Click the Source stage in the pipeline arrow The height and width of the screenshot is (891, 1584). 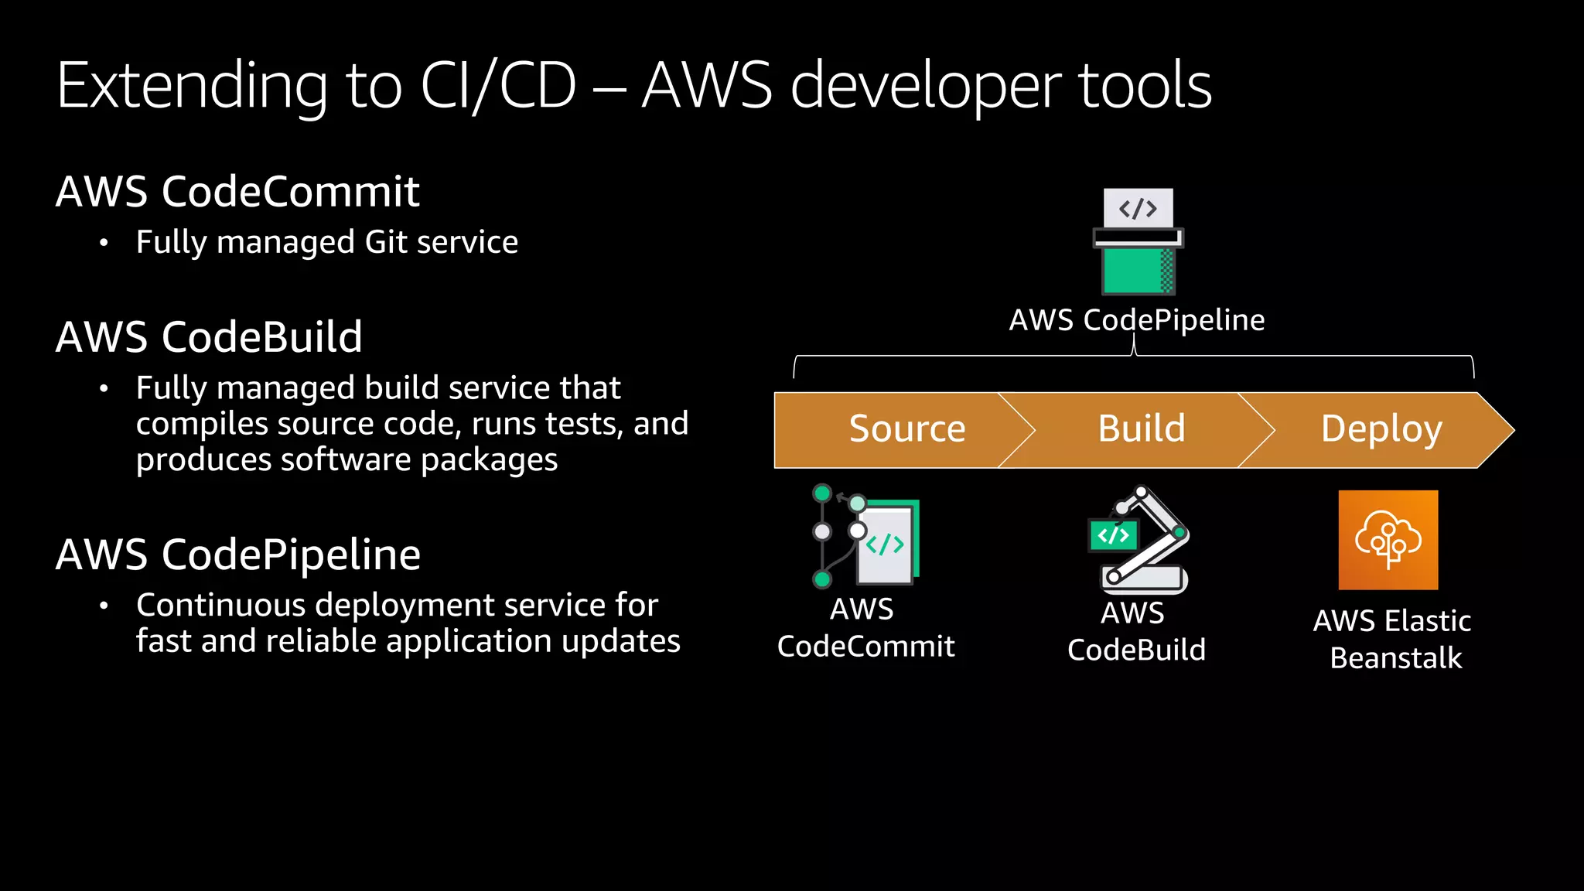(906, 429)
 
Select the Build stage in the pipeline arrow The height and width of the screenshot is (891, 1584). (1141, 429)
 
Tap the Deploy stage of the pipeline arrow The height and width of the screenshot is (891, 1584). (1381, 429)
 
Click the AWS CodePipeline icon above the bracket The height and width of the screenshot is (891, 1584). (1138, 241)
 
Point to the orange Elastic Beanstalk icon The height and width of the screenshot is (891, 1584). (1388, 540)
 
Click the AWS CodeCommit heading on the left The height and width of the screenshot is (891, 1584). (237, 191)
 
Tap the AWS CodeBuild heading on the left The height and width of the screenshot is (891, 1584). (209, 337)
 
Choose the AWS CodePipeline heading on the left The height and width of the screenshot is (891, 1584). (238, 555)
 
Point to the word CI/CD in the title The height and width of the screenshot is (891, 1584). (498, 85)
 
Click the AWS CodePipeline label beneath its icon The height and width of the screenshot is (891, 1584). (1136, 320)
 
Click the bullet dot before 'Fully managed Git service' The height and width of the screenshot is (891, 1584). (104, 244)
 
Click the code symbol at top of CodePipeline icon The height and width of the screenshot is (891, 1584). (1138, 209)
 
